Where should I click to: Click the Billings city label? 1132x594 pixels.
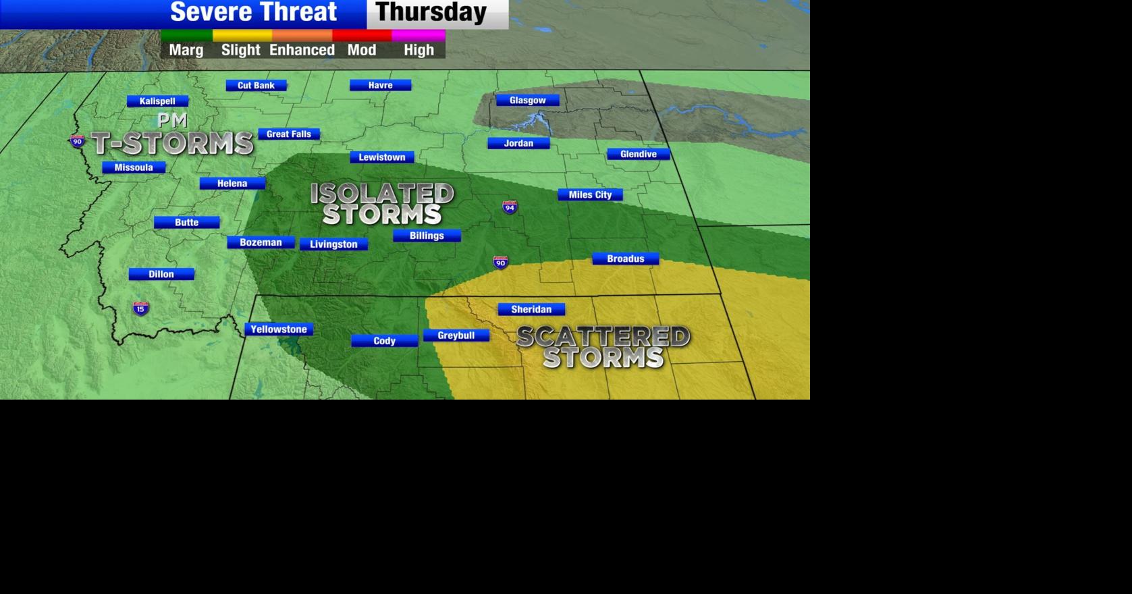coord(427,236)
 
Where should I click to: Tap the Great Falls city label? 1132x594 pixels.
coord(289,134)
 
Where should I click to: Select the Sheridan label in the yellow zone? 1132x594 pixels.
coord(531,309)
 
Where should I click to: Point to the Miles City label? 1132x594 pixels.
coord(590,194)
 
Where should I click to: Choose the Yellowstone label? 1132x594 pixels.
coord(279,329)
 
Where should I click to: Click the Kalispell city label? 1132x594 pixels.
coord(157,101)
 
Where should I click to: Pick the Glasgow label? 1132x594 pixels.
coord(527,100)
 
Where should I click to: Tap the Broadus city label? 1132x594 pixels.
coord(625,259)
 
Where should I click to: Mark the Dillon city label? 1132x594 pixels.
coord(161,274)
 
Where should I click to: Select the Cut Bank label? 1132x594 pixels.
coord(256,85)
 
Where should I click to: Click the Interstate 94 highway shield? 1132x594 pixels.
coord(510,207)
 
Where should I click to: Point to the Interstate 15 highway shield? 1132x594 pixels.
coord(140,308)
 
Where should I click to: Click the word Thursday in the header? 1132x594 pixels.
coord(431,12)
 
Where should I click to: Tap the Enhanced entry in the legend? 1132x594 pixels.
coord(302,50)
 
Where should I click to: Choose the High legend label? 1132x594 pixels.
coord(419,50)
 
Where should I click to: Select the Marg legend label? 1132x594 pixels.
coord(186,50)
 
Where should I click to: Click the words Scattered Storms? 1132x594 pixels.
coord(603,347)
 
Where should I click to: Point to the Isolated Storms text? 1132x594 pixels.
coord(382,204)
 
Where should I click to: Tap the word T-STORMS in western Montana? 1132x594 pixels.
coord(173,143)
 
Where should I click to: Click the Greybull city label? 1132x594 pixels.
coord(456,335)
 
